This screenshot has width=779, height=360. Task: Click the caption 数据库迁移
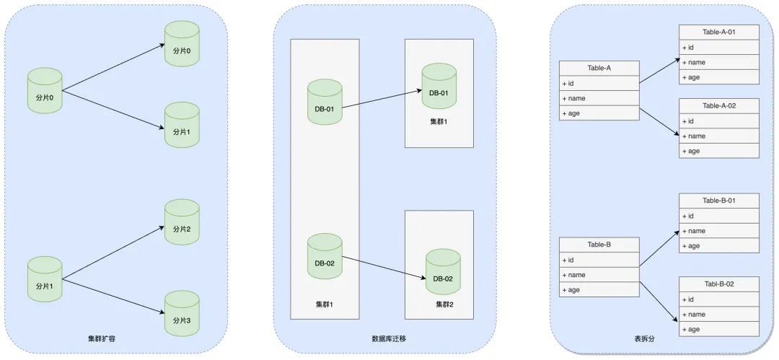pyautogui.click(x=383, y=338)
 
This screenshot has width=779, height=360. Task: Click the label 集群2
pyautogui.click(x=444, y=304)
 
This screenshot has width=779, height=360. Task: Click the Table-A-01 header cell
pyautogui.click(x=718, y=32)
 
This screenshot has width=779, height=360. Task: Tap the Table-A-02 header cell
pyautogui.click(x=718, y=106)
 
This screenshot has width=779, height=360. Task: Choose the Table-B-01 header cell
pyautogui.click(x=718, y=201)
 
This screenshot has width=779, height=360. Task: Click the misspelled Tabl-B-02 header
pyautogui.click(x=718, y=284)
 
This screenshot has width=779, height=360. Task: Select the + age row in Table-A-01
pyautogui.click(x=718, y=77)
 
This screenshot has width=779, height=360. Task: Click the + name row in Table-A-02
pyautogui.click(x=718, y=136)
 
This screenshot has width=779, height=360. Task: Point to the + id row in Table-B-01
pyautogui.click(x=718, y=216)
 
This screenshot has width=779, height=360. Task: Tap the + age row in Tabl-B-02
pyautogui.click(x=718, y=329)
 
